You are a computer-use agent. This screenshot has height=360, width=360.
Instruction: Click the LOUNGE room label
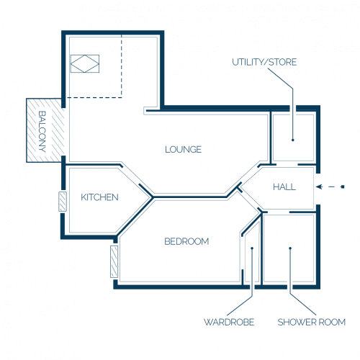183,150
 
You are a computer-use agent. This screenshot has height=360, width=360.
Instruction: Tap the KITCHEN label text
99,197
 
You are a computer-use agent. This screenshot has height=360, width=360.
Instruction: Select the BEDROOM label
186,241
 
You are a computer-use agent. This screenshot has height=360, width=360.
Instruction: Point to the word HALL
284,187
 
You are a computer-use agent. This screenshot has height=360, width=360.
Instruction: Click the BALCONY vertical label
42,131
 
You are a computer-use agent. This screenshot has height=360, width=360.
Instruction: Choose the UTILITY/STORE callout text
264,62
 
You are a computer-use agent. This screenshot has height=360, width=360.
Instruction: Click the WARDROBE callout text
229,322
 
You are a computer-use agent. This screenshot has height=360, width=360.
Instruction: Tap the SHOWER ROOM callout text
312,322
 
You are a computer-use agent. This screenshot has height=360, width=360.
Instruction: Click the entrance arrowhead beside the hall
319,186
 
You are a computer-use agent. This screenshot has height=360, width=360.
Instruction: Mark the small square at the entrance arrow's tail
343,186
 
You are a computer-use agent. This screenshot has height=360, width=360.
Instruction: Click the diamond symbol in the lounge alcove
85,63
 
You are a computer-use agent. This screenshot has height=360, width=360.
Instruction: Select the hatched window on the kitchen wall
63,202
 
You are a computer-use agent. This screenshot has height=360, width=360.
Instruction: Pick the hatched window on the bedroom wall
114,261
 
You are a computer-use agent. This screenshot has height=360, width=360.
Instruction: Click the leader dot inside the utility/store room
293,140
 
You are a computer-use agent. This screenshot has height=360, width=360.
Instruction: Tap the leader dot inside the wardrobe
252,248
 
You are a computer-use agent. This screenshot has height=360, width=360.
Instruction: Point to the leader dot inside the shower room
290,248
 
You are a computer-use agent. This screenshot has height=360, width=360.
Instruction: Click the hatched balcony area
45,130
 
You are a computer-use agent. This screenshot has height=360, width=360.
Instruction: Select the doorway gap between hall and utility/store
287,165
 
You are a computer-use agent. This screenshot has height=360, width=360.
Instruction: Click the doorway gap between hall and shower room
279,212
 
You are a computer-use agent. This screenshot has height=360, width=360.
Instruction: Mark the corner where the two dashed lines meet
122,97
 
